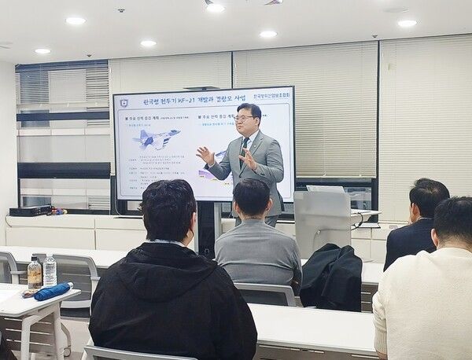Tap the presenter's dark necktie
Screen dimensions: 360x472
(246, 150)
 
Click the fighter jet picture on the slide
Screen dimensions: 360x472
(156, 139)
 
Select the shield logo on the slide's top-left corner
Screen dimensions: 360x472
(124, 102)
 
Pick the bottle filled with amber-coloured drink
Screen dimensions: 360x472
(34, 273)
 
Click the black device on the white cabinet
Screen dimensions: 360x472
(31, 211)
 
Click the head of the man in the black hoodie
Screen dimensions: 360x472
(168, 209)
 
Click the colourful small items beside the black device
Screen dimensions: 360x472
(58, 211)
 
